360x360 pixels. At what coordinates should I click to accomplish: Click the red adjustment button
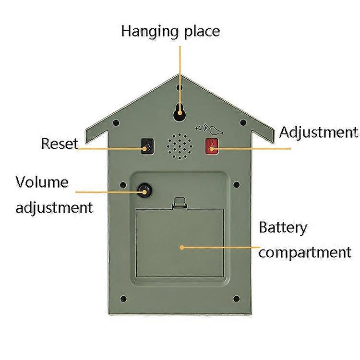[x=212, y=146]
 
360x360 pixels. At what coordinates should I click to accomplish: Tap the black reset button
[x=147, y=146]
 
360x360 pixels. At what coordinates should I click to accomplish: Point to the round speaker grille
[x=179, y=145]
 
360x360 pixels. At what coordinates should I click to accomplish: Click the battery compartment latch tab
[x=180, y=203]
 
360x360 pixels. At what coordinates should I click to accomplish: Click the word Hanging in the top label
[x=150, y=32]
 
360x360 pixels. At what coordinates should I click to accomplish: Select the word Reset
[x=59, y=144]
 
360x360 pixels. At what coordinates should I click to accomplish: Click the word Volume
[x=42, y=182]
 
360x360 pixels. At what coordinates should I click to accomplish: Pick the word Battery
[x=283, y=227]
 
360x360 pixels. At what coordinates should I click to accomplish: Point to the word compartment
[x=304, y=252]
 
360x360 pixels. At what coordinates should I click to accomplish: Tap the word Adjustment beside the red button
[x=319, y=132]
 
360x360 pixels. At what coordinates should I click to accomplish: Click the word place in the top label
[x=202, y=32]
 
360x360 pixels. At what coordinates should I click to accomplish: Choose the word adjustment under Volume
[x=54, y=207]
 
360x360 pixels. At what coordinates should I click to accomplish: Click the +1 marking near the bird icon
[x=198, y=128]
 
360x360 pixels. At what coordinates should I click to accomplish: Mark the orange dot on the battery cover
[x=182, y=247]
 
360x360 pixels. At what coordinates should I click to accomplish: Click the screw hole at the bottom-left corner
[x=123, y=299]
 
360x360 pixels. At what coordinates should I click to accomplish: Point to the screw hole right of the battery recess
[x=236, y=184]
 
